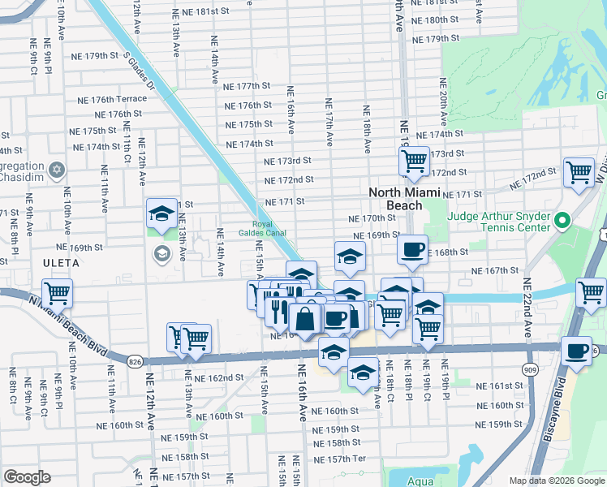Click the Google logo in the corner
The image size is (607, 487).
(x=27, y=477)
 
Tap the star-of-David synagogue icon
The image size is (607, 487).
(x=56, y=170)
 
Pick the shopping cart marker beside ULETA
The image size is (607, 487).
(x=57, y=292)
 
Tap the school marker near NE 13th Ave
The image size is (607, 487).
(x=161, y=213)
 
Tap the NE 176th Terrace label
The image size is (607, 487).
(x=112, y=99)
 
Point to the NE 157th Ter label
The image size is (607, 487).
(x=340, y=459)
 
